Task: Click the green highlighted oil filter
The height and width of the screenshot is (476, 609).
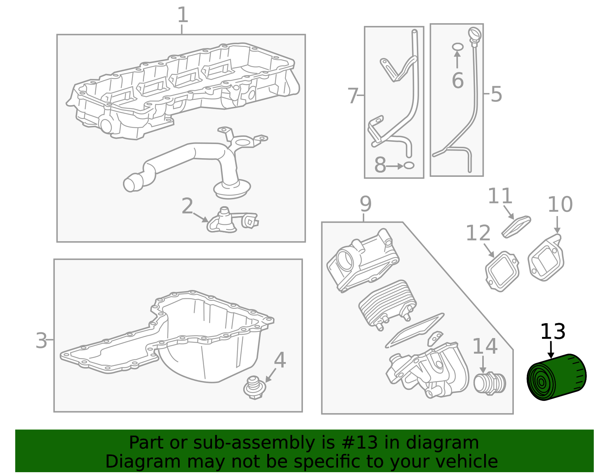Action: point(556,377)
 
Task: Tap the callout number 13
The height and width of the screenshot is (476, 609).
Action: point(553,332)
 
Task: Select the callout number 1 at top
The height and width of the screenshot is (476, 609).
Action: point(183,15)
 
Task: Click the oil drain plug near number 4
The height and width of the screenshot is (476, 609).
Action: point(254,388)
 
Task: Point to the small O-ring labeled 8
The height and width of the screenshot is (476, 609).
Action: point(409,166)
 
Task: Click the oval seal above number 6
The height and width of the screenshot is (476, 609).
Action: point(458,46)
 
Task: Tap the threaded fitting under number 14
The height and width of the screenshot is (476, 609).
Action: point(489,383)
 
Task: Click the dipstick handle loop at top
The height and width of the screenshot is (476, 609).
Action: point(475,34)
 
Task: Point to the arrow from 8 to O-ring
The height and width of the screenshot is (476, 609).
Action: point(395,166)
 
